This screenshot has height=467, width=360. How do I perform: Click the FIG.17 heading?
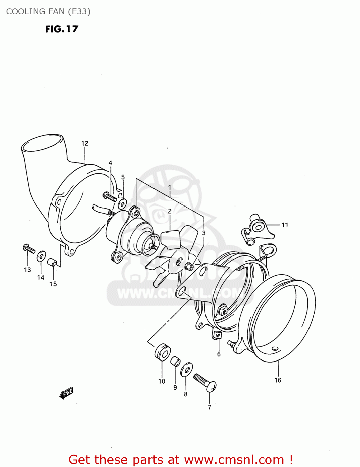coord(62,29)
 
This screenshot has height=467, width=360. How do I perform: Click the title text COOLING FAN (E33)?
coord(48,12)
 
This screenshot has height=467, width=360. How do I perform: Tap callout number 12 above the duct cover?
coord(85,143)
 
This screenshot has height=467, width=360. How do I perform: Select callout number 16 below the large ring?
coord(278,380)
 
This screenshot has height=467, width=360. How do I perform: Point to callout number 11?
coord(285,225)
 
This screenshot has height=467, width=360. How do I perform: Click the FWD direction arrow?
coord(66,393)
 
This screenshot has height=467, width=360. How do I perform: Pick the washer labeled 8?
coord(186,370)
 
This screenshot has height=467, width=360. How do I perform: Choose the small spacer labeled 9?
coord(175,361)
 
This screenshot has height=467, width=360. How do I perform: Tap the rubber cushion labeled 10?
coord(162,352)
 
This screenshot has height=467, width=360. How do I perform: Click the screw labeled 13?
coord(29,249)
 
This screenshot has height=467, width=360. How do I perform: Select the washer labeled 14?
coord(41,256)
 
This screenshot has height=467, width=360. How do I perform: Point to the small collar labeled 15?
coord(52,262)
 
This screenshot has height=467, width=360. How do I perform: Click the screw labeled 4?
coord(110,196)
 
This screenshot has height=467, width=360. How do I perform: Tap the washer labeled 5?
coord(122,204)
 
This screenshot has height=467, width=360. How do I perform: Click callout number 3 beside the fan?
coord(203,233)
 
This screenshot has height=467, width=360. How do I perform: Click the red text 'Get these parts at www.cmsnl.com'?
coord(180,460)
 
